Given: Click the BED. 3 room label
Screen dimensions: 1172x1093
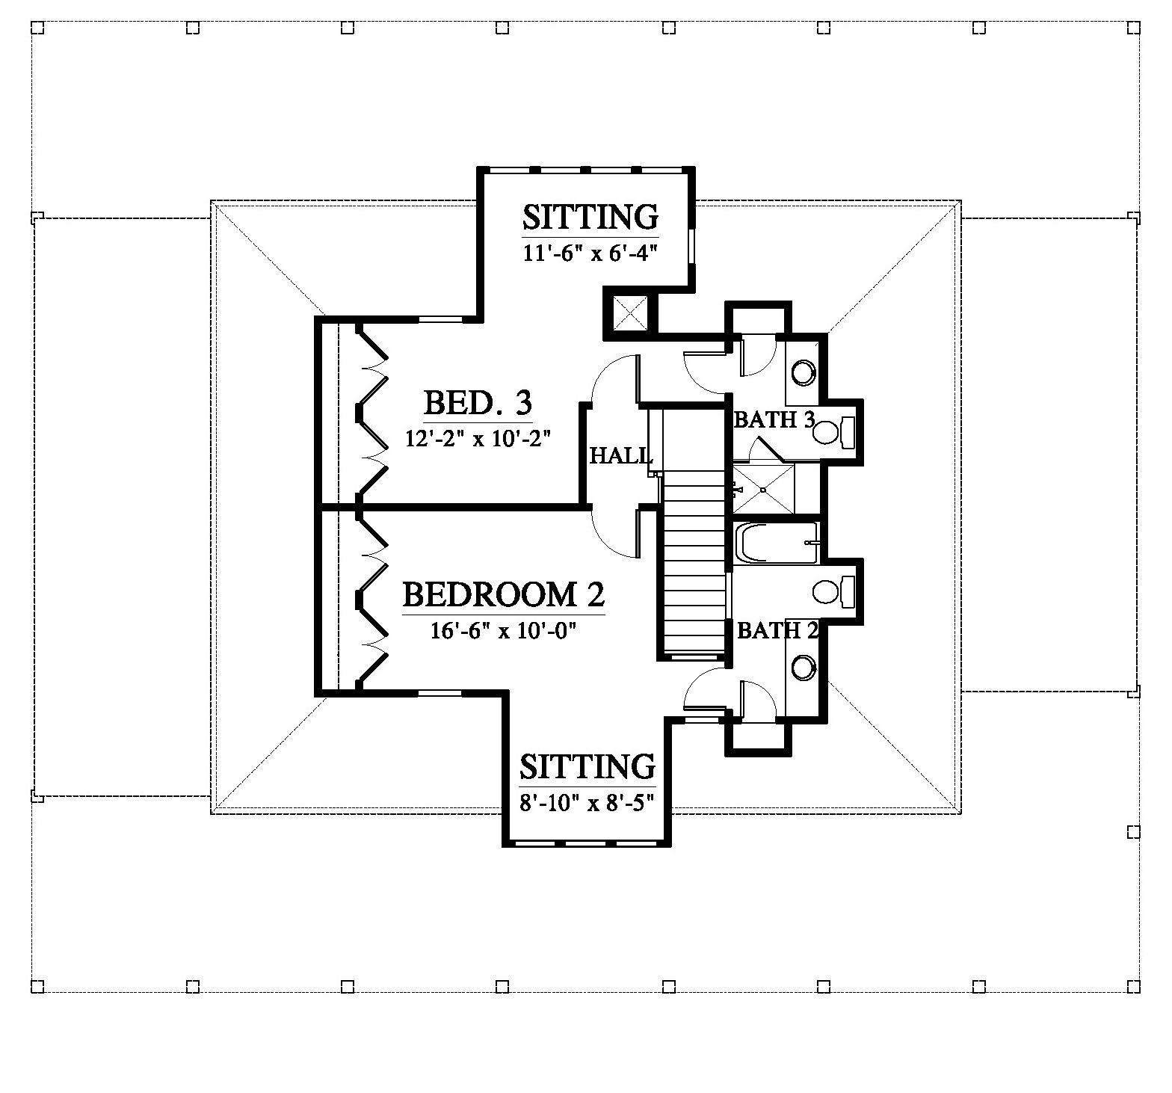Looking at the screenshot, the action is tap(478, 403).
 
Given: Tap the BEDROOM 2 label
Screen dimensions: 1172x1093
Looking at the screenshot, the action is tap(503, 595).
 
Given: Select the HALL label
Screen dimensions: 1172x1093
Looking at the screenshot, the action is tap(621, 455).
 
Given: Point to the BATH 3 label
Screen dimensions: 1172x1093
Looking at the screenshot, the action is tap(774, 419).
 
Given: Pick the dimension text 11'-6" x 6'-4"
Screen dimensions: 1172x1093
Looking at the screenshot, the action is tap(590, 253).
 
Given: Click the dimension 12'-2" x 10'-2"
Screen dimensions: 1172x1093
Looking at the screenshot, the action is tap(478, 438).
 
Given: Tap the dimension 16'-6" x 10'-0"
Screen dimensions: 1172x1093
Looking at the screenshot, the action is tap(506, 630).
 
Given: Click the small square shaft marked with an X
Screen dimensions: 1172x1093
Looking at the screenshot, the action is tap(629, 312).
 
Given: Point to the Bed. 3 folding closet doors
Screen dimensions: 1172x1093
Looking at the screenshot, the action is tap(372, 409).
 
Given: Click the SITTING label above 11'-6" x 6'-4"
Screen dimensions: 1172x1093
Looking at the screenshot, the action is tap(590, 218).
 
